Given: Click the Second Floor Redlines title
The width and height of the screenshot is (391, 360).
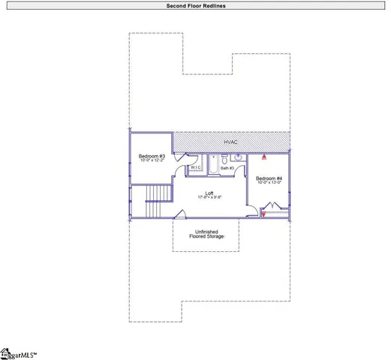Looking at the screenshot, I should point(194,5).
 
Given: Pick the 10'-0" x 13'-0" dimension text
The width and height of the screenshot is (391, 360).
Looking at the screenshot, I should point(269,182).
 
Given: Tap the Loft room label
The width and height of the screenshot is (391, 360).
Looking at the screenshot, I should point(206,192).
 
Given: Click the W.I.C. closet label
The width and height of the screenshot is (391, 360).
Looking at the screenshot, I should point(195,167).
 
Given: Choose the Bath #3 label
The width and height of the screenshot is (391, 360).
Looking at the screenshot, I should point(227,168).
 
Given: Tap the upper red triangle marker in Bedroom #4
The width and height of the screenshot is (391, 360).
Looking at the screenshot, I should point(264,158).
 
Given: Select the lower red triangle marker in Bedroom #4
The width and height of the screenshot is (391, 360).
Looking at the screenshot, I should point(263,214).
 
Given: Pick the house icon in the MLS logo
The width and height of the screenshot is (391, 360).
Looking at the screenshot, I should point(4,351).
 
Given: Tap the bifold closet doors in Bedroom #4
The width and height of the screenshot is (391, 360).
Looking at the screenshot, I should point(274,206).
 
